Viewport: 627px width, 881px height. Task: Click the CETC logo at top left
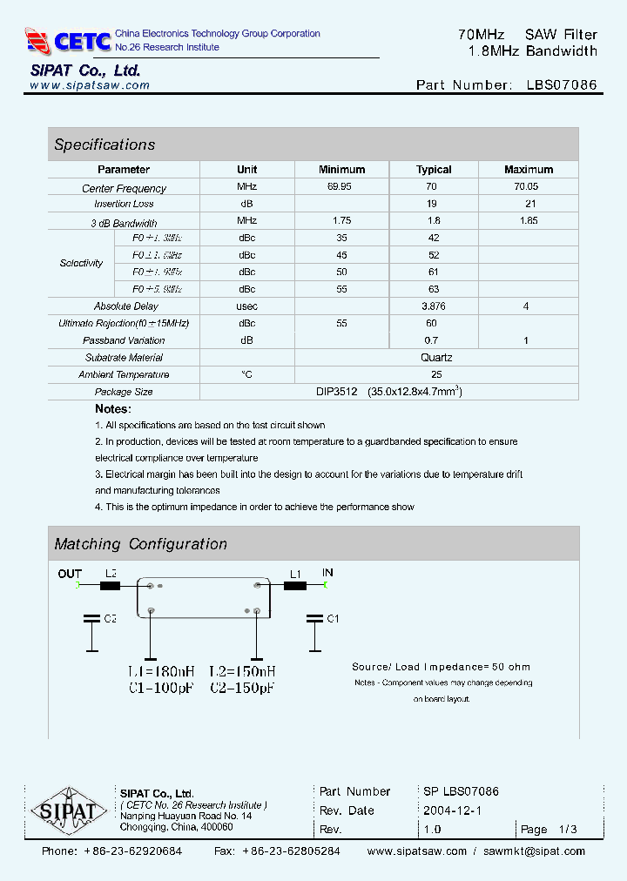tap(68, 40)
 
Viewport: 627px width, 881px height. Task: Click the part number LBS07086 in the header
tap(562, 85)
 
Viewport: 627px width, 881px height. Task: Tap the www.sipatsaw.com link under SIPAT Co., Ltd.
tap(90, 85)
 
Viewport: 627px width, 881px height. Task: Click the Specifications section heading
tap(104, 145)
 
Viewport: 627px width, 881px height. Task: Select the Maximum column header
tap(529, 170)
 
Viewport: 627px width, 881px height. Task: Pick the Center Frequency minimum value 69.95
tap(341, 187)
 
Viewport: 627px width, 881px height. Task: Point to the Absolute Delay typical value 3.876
tap(434, 306)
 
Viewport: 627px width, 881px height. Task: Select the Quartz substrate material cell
tap(435, 358)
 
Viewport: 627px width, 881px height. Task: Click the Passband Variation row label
tap(124, 340)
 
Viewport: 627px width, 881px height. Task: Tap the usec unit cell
tap(246, 306)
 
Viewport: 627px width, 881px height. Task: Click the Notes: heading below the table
tap(113, 408)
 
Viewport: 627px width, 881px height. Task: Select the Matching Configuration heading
tap(140, 544)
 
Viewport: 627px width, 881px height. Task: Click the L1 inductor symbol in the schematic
tap(295, 586)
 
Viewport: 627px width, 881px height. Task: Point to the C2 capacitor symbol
tap(91, 620)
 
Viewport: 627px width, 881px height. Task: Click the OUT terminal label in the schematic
tap(70, 574)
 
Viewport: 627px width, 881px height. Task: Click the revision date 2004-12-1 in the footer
tap(452, 810)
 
